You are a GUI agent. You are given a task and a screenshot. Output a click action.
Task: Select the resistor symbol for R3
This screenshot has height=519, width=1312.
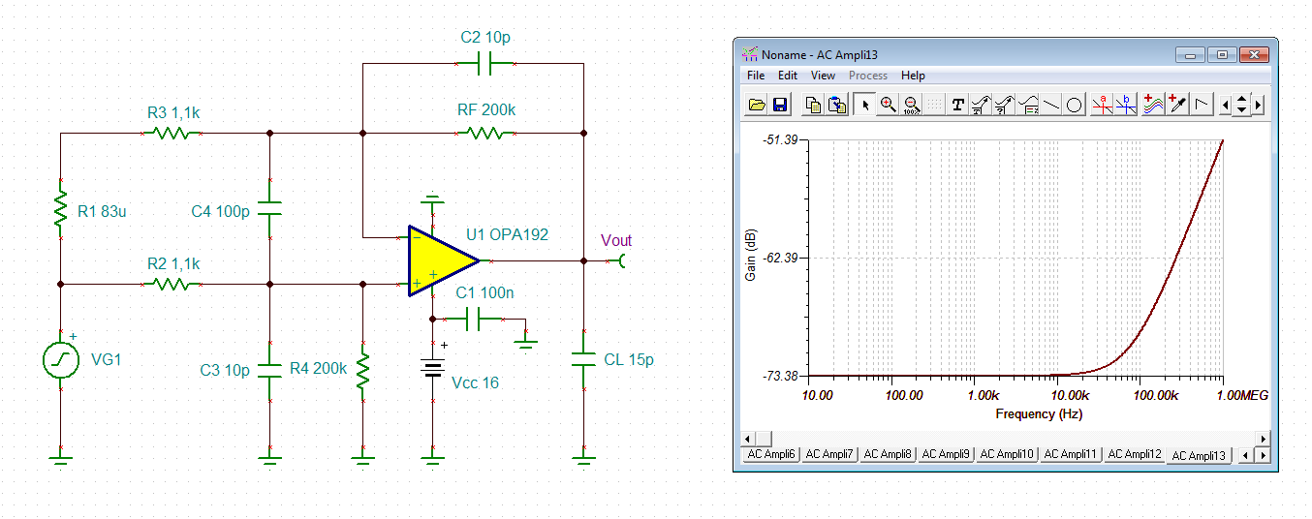coord(172,134)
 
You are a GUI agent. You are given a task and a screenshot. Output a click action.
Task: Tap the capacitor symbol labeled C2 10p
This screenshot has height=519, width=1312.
coord(484,63)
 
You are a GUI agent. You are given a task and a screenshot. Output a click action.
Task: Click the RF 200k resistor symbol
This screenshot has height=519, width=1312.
coord(486,134)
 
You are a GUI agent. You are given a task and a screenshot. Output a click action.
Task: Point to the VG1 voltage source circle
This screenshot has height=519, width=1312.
coord(61,360)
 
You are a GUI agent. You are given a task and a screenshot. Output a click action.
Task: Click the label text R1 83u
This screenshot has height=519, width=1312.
coord(102,211)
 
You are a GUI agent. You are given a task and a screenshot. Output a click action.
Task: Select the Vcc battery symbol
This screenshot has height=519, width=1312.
coord(433,369)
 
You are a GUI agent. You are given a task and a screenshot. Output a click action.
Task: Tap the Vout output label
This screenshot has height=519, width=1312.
coord(616,240)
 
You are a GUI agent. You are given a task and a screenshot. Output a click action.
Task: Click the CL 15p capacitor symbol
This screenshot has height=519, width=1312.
coord(584,359)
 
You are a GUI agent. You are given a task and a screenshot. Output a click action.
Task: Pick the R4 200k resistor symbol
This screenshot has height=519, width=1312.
coord(363,371)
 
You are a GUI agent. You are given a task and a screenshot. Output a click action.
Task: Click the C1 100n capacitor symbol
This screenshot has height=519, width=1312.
coord(473,320)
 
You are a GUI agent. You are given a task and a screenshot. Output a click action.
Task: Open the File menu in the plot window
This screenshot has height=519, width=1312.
coord(756,76)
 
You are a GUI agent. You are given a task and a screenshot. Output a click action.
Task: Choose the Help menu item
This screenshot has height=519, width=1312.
coord(913,76)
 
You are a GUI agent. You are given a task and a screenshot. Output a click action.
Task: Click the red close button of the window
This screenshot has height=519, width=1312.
coord(1254,55)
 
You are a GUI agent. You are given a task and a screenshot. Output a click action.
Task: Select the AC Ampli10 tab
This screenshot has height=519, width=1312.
coord(1007,454)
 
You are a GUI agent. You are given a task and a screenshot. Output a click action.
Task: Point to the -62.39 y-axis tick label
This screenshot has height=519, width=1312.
coord(780,258)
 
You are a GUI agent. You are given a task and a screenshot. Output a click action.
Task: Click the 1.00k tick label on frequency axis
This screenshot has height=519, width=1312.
coord(984,395)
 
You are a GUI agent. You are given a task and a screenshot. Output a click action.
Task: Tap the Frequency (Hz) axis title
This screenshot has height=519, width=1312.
coord(1039,414)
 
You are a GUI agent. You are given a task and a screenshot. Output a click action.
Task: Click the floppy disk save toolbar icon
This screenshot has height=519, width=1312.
coord(780,105)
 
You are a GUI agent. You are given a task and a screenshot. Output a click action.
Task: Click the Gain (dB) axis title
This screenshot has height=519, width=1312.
coord(750,255)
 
